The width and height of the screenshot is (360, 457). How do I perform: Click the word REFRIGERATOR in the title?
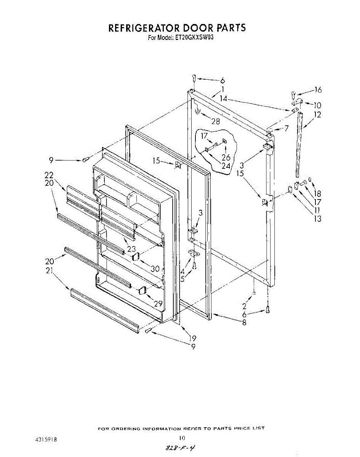point(143,28)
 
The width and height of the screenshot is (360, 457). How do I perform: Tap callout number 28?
point(216,121)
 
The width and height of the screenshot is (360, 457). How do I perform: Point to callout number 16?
point(318,90)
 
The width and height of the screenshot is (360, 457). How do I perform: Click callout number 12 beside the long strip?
point(317,114)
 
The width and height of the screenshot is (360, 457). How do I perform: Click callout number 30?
point(155,268)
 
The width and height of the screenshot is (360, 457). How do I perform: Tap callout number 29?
point(158,304)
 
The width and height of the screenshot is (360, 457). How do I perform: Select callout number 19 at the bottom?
point(192,338)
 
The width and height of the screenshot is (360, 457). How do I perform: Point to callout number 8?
point(244,323)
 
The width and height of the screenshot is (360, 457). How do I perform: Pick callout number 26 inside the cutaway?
point(226,157)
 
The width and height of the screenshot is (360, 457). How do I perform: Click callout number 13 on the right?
point(317,219)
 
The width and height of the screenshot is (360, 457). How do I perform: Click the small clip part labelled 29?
point(142,291)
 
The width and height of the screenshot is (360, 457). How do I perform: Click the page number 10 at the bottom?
point(182,438)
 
